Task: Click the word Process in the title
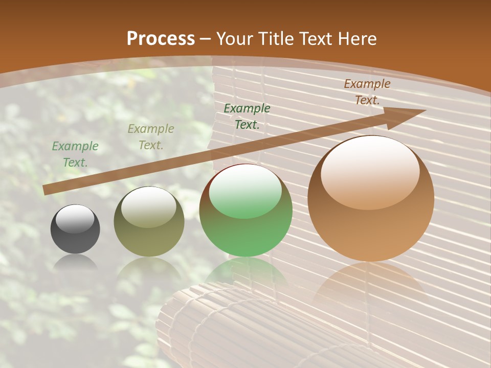click(x=161, y=39)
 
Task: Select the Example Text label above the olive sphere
click(x=150, y=137)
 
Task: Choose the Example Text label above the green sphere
click(x=247, y=116)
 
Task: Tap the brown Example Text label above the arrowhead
click(x=367, y=92)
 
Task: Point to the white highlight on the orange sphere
click(x=370, y=171)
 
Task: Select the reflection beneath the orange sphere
click(x=371, y=286)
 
